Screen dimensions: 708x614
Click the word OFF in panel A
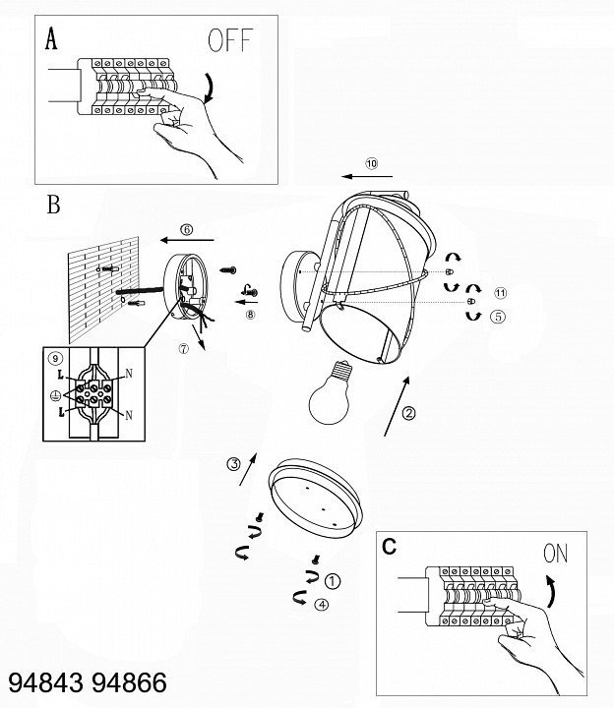[x=230, y=41]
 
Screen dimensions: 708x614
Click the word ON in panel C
[x=555, y=554]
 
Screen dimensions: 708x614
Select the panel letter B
[x=53, y=206]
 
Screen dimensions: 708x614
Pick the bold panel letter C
[x=390, y=547]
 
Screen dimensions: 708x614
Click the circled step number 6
[x=187, y=230]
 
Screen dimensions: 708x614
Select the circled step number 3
[x=233, y=464]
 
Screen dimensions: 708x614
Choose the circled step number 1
[x=333, y=581]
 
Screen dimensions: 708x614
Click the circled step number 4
[x=321, y=605]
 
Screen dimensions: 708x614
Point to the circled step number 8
[x=250, y=315]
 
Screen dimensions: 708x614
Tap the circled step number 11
[x=500, y=293]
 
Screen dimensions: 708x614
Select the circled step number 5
[x=498, y=317]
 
